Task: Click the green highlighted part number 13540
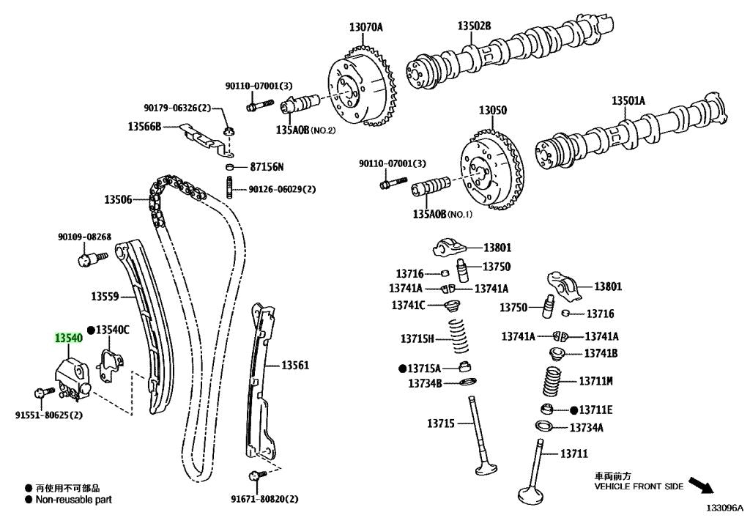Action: click(x=68, y=338)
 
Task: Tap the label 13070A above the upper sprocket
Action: click(x=365, y=28)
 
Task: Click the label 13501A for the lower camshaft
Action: click(x=628, y=100)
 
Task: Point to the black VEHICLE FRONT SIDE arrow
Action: click(x=702, y=485)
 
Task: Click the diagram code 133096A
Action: click(x=724, y=507)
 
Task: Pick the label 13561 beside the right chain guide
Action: click(x=296, y=365)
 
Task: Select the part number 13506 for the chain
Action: click(x=118, y=199)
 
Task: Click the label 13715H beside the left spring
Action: click(x=417, y=338)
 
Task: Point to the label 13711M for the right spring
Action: click(x=595, y=381)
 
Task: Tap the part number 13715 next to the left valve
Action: click(x=441, y=423)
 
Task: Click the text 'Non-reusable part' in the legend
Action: click(x=73, y=500)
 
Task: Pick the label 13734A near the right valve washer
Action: click(x=587, y=427)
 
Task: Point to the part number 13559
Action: click(x=105, y=297)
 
